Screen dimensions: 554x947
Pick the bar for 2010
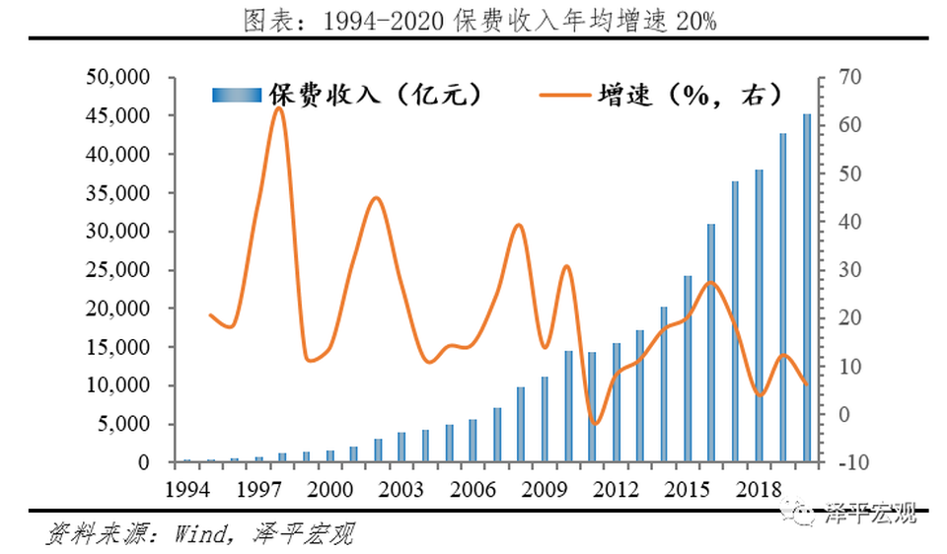pyautogui.click(x=568, y=406)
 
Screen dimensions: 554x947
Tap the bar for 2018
pyautogui.click(x=759, y=315)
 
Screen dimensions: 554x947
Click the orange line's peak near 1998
pyautogui.click(x=278, y=108)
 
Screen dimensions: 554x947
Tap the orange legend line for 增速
pyautogui.click(x=566, y=96)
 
